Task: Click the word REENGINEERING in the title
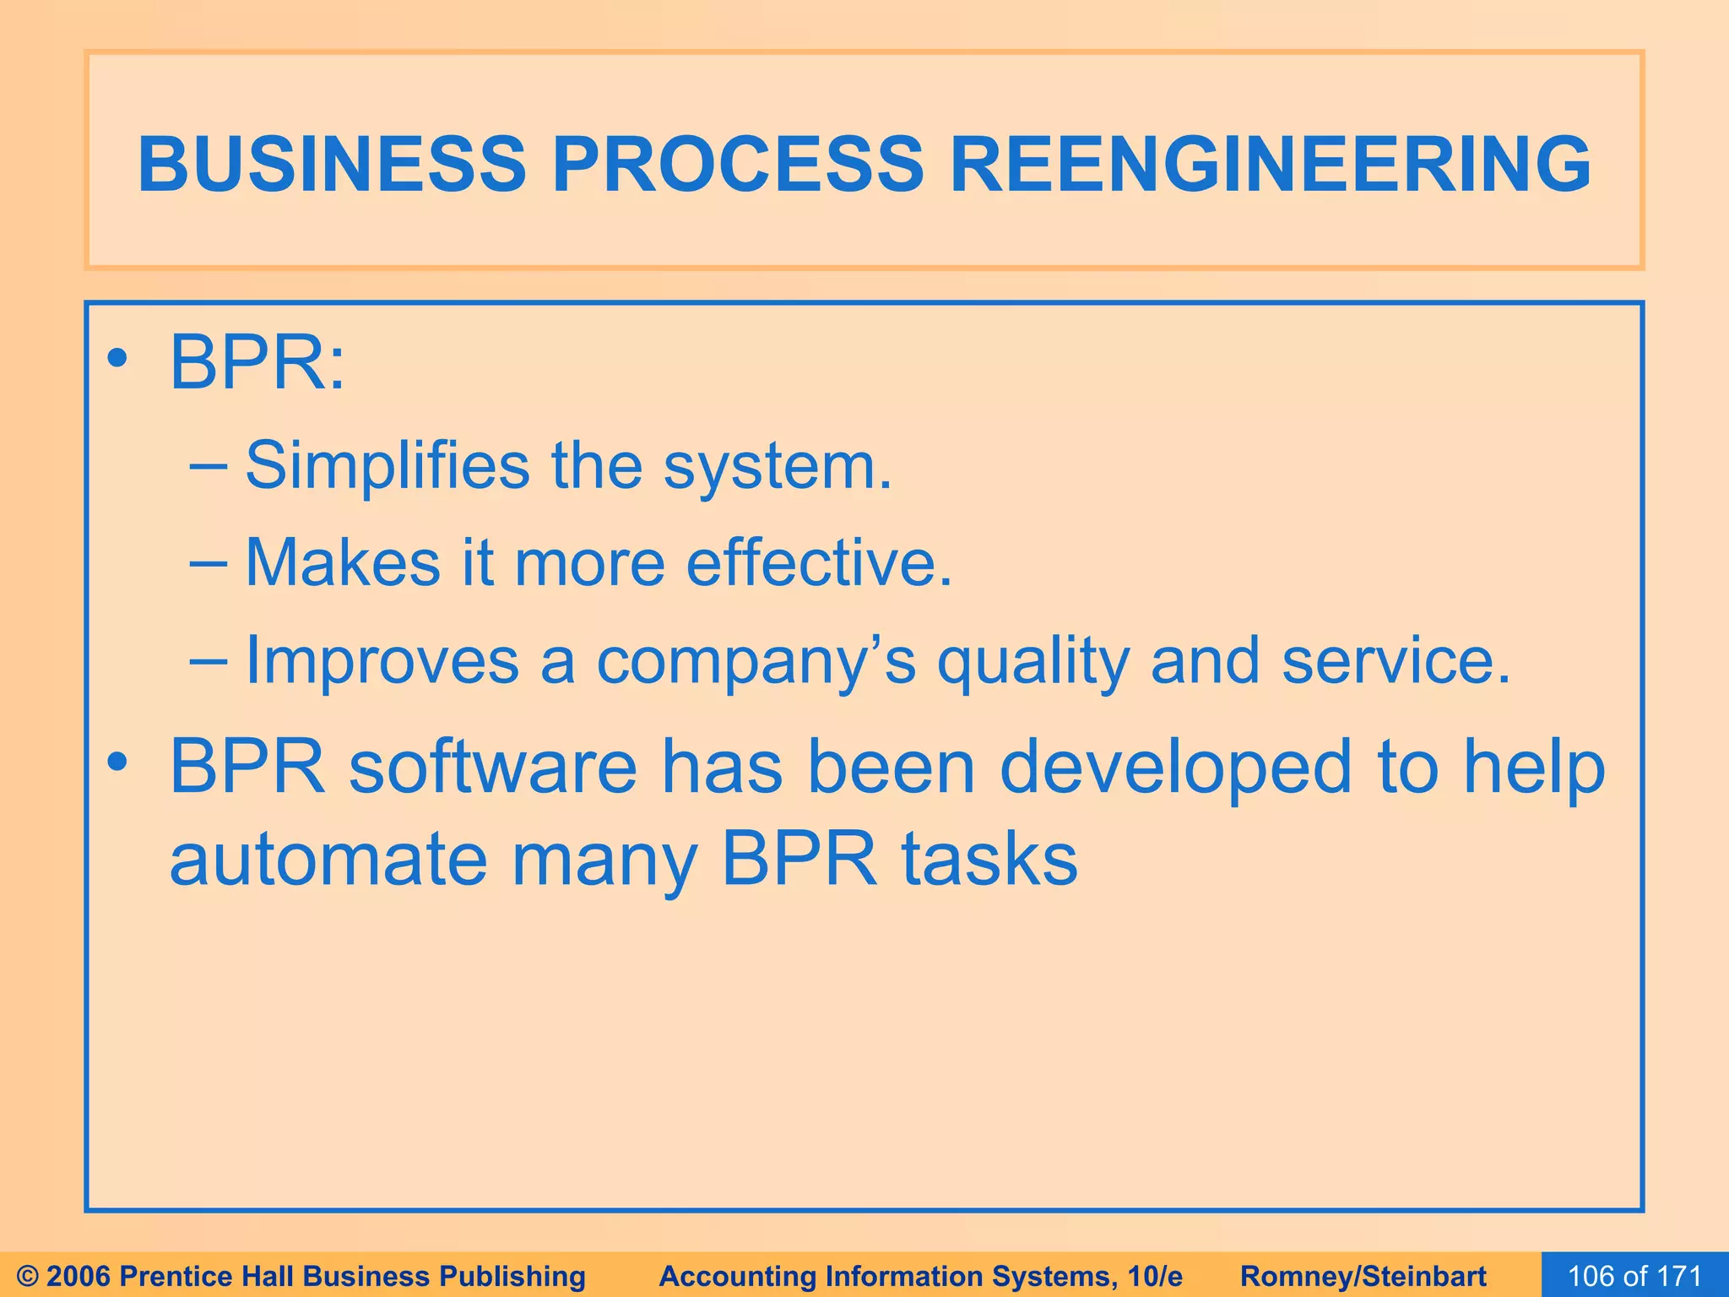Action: [1271, 164]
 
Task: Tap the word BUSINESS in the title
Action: [332, 164]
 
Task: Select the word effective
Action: [818, 562]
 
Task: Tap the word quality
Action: [1033, 661]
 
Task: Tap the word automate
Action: [328, 860]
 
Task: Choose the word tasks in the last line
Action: [989, 860]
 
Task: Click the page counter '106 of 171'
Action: [1634, 1276]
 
